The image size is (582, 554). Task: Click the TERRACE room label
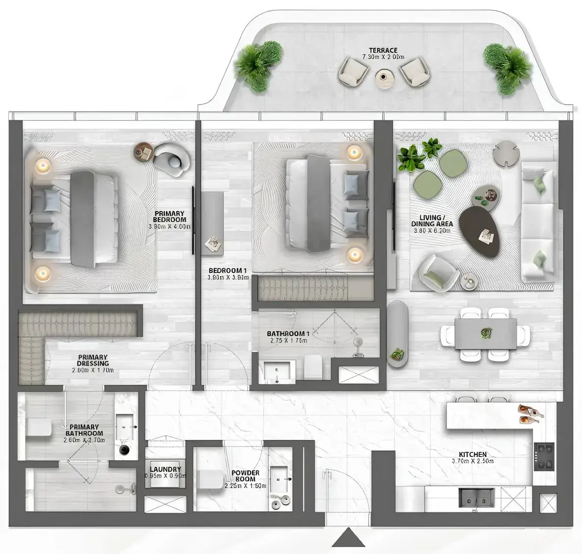(x=383, y=51)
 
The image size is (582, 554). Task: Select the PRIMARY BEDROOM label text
(x=169, y=217)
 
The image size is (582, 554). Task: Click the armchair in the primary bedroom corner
(x=172, y=158)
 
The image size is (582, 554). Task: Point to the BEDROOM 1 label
(x=228, y=271)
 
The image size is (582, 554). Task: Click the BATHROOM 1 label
(x=288, y=333)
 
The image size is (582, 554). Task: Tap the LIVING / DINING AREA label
(x=432, y=221)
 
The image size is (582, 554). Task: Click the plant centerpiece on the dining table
(x=486, y=333)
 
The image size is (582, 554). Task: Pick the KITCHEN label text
(x=473, y=455)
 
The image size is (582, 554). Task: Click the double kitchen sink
(x=476, y=497)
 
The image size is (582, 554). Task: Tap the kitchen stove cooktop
(x=544, y=456)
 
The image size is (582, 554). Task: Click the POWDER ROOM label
(x=245, y=476)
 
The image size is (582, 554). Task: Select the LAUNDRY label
(x=165, y=470)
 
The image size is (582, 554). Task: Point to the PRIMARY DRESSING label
(x=93, y=360)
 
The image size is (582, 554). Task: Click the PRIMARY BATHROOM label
(x=84, y=430)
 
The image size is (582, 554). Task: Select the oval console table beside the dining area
(x=397, y=334)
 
